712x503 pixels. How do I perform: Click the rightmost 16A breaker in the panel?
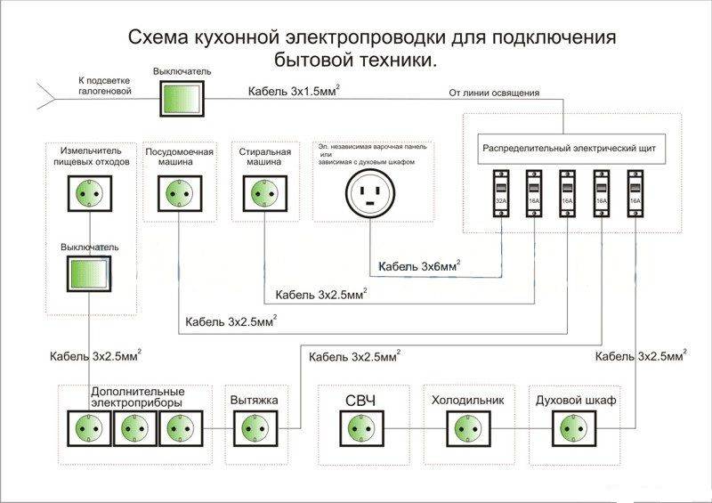click(x=635, y=194)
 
